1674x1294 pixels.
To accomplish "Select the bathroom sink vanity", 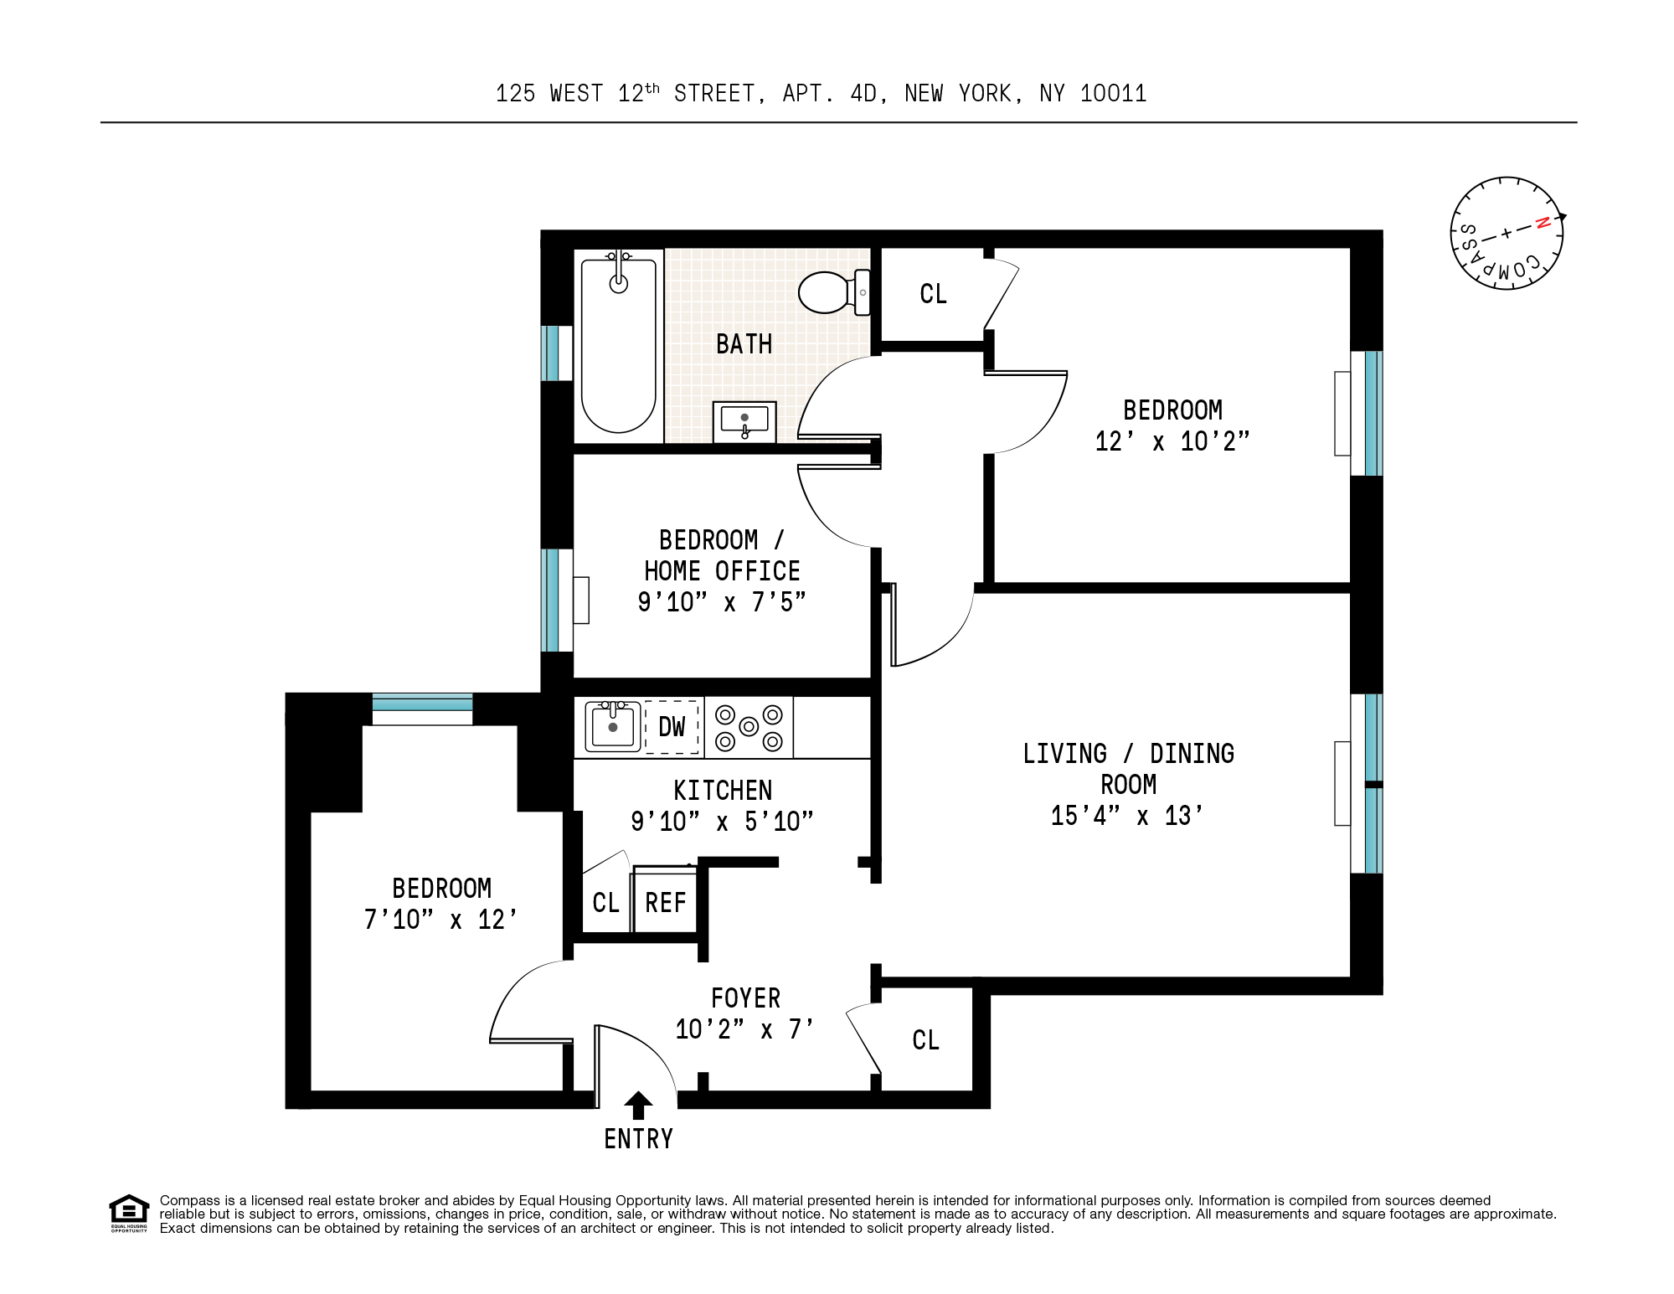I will tap(744, 422).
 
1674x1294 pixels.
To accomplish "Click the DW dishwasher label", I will tap(672, 727).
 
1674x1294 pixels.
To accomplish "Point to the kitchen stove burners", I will tap(749, 727).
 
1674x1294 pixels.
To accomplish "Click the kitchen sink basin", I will tap(612, 726).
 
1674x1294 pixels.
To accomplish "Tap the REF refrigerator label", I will tap(665, 903).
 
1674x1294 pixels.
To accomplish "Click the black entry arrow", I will tap(638, 1105).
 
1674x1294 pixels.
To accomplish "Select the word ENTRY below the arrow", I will tap(638, 1139).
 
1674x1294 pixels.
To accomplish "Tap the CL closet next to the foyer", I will tap(925, 1040).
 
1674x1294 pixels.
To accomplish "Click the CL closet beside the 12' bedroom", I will tap(933, 294).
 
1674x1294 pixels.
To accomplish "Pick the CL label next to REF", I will tap(605, 903).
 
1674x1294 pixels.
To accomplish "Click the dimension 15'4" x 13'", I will tap(1126, 816).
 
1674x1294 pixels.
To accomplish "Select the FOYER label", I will tap(745, 998).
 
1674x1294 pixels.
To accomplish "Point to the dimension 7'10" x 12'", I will tap(440, 920).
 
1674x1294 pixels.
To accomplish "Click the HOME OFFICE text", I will tap(722, 571).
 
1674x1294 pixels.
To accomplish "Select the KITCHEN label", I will tap(723, 791).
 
